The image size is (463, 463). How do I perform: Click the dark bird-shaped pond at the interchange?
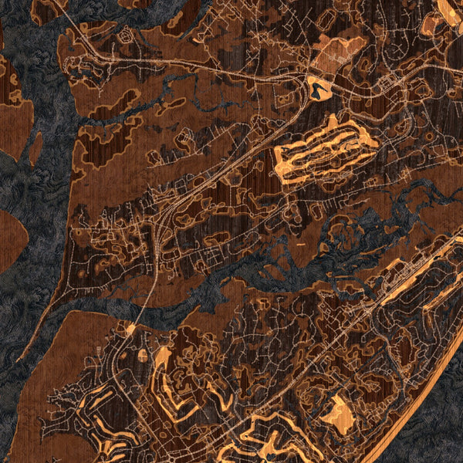pos(317,90)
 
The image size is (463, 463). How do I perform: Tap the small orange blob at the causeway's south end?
pos(131,330)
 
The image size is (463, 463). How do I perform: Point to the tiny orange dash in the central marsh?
pos(299,244)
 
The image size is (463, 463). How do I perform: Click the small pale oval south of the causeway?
pos(142,356)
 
